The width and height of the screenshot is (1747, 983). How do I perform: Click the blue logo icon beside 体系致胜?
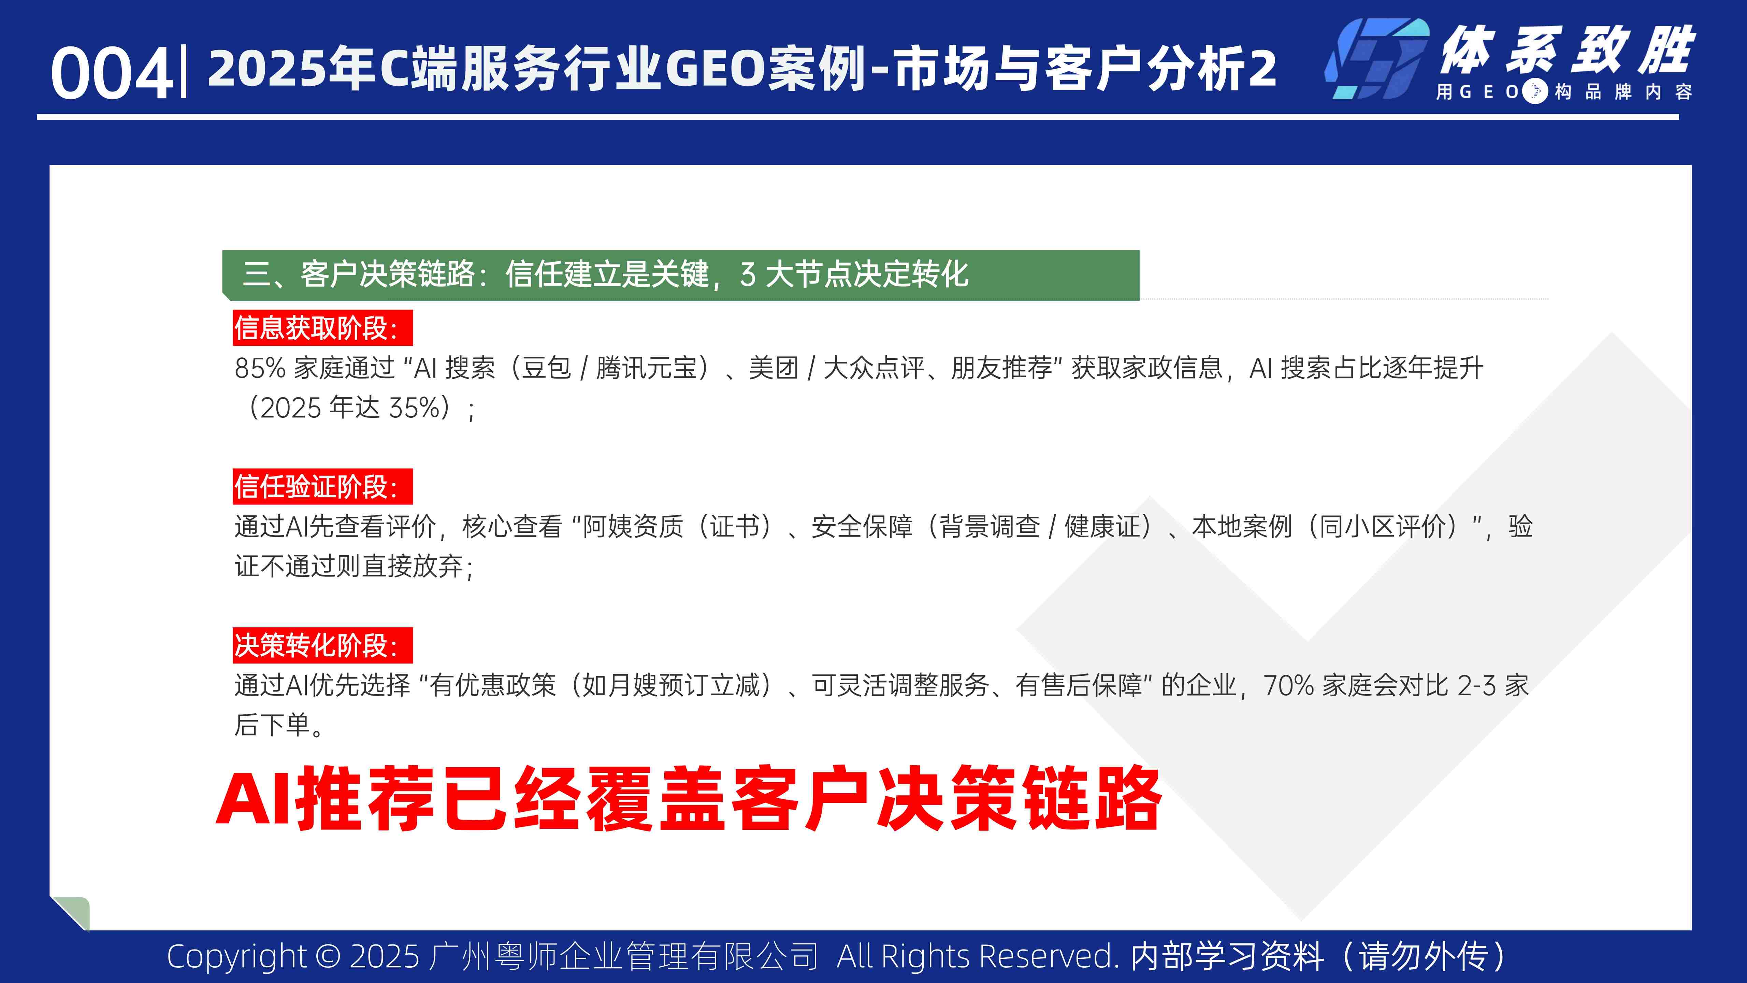(1377, 60)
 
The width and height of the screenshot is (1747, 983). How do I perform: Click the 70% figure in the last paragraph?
(1288, 685)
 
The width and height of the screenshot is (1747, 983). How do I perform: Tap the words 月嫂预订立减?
(685, 685)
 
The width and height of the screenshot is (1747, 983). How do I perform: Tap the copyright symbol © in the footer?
(328, 956)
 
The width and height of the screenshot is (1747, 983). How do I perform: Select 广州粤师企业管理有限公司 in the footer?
(624, 956)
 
